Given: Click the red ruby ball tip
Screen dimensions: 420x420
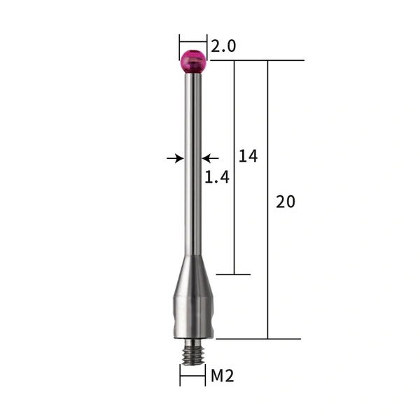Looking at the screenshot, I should [x=193, y=62].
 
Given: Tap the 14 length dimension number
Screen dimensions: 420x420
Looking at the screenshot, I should [x=248, y=156].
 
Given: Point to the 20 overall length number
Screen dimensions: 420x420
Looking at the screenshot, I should [x=286, y=202].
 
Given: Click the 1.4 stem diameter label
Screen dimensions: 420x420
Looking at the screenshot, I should [x=217, y=178].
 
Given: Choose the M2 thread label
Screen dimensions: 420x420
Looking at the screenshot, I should [x=222, y=376].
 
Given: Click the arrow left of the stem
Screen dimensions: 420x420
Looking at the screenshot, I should [x=175, y=159].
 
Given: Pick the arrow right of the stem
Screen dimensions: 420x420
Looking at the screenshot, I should [x=211, y=159].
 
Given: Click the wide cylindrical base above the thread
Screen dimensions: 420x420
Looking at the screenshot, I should [x=192, y=315].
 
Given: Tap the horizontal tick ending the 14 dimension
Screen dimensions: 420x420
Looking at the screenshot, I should [x=233, y=274].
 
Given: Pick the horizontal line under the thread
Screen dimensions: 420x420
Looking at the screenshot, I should [x=192, y=385].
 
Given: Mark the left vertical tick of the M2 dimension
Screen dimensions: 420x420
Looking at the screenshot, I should [x=180, y=377].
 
